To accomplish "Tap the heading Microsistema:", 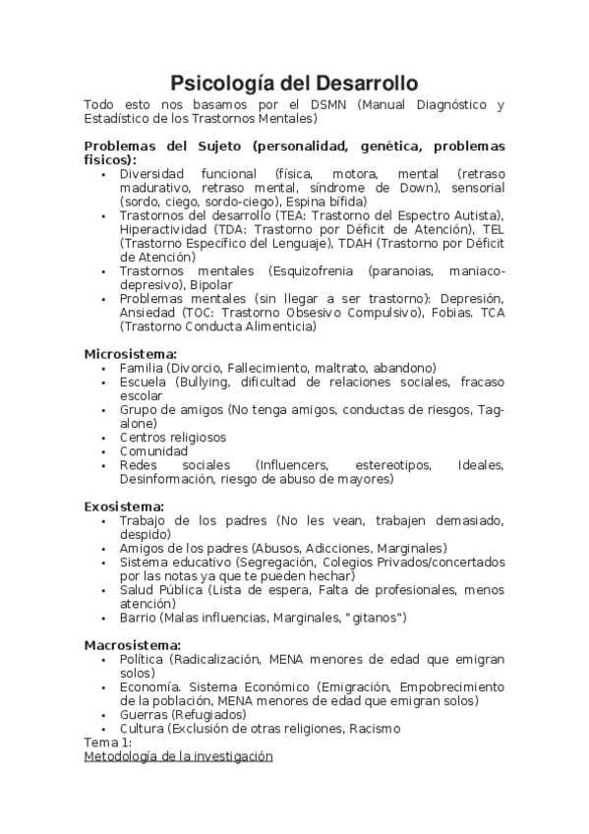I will (131, 353).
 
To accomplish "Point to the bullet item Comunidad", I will (153, 451).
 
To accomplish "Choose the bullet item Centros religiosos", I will (172, 437).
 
